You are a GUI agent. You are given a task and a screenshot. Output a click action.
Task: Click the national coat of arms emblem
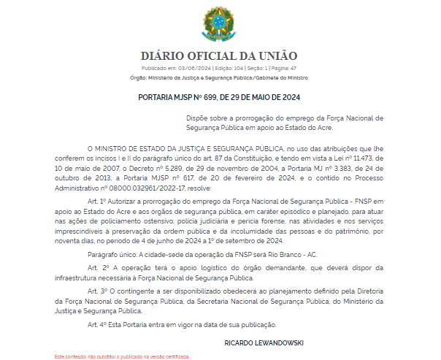click(219, 24)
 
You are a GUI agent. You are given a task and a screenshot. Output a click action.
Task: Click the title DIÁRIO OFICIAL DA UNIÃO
click(219, 56)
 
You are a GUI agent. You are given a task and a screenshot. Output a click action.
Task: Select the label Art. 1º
click(97, 199)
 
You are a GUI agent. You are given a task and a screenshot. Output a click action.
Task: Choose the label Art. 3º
click(97, 291)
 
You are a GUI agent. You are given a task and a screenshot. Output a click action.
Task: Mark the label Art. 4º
click(97, 323)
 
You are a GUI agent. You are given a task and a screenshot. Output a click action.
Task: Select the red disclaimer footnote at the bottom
click(122, 356)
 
